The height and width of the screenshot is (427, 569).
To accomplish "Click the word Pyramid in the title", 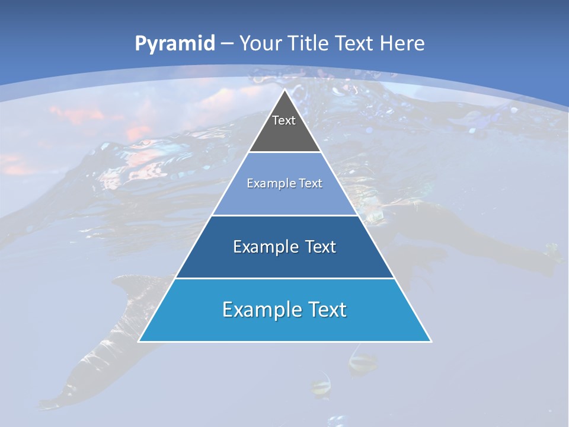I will (x=175, y=44).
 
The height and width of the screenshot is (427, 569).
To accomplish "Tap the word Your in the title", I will (x=261, y=43).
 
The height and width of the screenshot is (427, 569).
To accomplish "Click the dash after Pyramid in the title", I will (x=226, y=44).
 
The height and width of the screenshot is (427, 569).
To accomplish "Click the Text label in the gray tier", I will (x=284, y=120).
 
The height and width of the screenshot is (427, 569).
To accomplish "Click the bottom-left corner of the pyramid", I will (x=139, y=341).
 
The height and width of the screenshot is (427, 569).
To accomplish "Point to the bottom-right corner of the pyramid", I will (x=430, y=341).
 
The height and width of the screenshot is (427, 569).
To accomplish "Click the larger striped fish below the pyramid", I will (x=362, y=362).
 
